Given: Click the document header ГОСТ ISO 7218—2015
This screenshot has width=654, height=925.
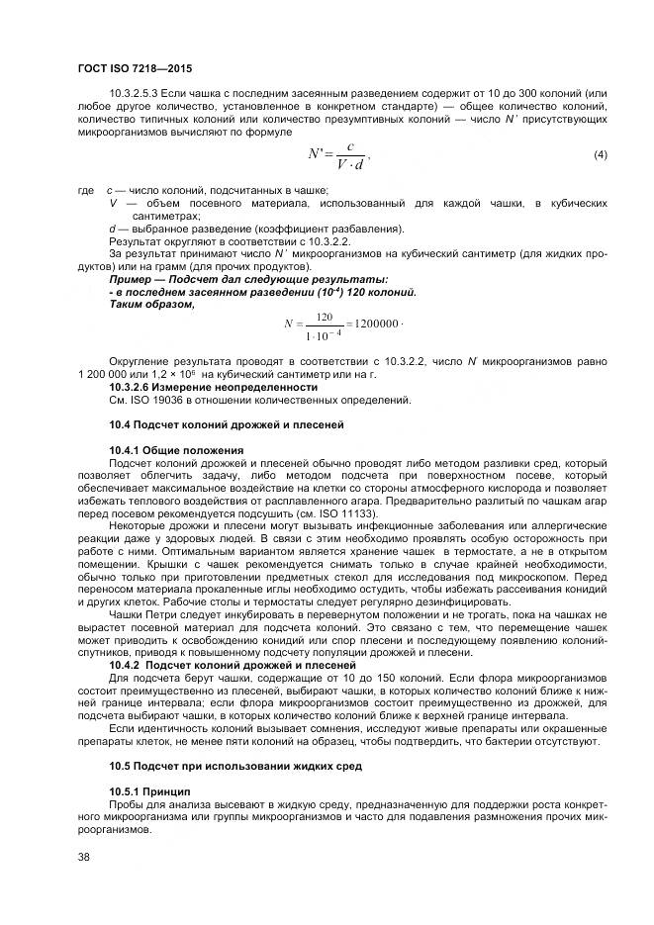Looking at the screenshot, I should click(134, 68).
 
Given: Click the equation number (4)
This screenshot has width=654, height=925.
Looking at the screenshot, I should click(600, 156).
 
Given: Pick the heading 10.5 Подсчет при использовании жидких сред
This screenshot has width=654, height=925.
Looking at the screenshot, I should click(221, 767).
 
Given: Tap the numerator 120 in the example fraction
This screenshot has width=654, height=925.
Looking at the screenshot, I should click(323, 317).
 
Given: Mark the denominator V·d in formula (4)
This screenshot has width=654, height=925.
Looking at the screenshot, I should click(350, 165).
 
